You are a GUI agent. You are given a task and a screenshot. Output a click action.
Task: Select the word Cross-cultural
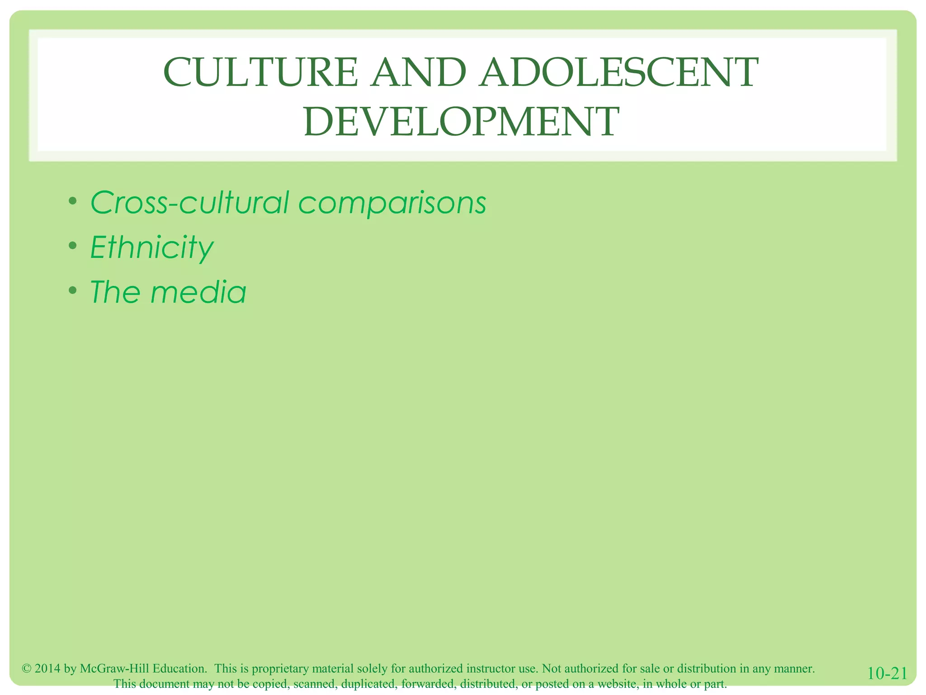(x=189, y=202)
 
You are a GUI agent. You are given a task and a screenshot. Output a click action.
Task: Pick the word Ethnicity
(x=151, y=248)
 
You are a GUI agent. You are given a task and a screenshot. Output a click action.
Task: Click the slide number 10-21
(x=887, y=674)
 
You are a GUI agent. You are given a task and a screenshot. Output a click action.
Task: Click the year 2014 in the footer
(x=47, y=669)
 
